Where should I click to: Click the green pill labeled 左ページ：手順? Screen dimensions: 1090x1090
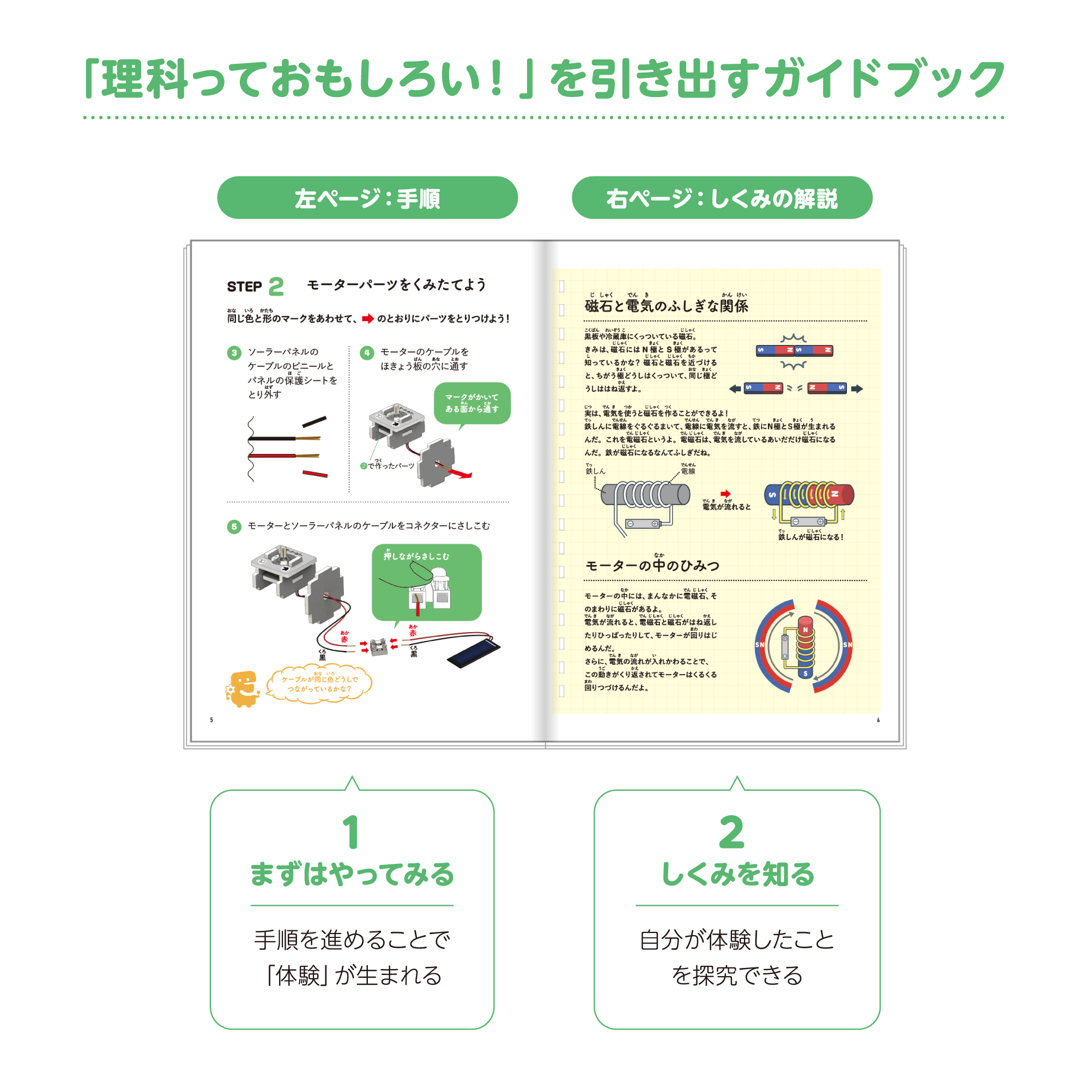click(x=367, y=197)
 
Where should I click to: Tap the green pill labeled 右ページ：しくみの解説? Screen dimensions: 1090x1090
click(x=722, y=197)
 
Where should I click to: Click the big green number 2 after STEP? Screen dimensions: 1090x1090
click(x=276, y=287)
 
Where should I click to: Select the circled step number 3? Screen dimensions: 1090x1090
click(x=234, y=353)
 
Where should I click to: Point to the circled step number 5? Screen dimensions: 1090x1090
click(x=234, y=526)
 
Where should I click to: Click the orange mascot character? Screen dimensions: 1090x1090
click(x=243, y=688)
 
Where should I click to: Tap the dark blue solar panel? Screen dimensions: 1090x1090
click(x=473, y=652)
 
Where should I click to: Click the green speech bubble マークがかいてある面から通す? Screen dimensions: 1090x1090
click(x=471, y=403)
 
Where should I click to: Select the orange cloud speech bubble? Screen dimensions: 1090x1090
click(x=319, y=684)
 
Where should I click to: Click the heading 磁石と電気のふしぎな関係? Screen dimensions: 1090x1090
click(x=667, y=306)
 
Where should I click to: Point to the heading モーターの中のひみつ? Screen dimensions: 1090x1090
click(x=652, y=565)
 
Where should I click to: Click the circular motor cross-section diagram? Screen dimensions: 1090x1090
click(x=804, y=646)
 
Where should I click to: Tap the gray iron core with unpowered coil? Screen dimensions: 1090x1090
click(x=645, y=495)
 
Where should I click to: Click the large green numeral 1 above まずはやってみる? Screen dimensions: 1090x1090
click(x=351, y=832)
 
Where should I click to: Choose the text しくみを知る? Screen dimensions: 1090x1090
click(x=737, y=875)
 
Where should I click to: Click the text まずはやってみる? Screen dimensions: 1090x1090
click(x=352, y=875)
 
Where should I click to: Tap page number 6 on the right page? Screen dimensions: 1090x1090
click(x=878, y=720)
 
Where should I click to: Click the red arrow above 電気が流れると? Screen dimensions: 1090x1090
click(x=725, y=494)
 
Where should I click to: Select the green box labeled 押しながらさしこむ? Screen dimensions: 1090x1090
click(x=427, y=582)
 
